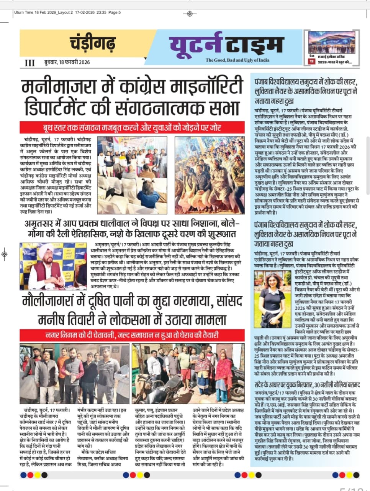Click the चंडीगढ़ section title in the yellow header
[92, 43]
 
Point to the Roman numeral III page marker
[29, 63]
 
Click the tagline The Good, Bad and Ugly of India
[237, 60]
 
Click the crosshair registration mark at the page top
[189, 14]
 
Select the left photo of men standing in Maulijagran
[75, 374]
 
